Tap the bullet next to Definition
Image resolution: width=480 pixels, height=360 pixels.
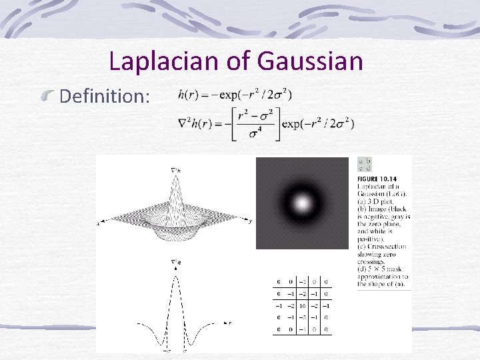click(x=49, y=98)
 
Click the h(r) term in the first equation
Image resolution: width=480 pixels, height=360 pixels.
click(x=187, y=94)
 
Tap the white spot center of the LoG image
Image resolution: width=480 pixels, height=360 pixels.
click(x=302, y=203)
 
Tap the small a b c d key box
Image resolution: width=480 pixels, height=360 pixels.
click(x=365, y=164)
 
